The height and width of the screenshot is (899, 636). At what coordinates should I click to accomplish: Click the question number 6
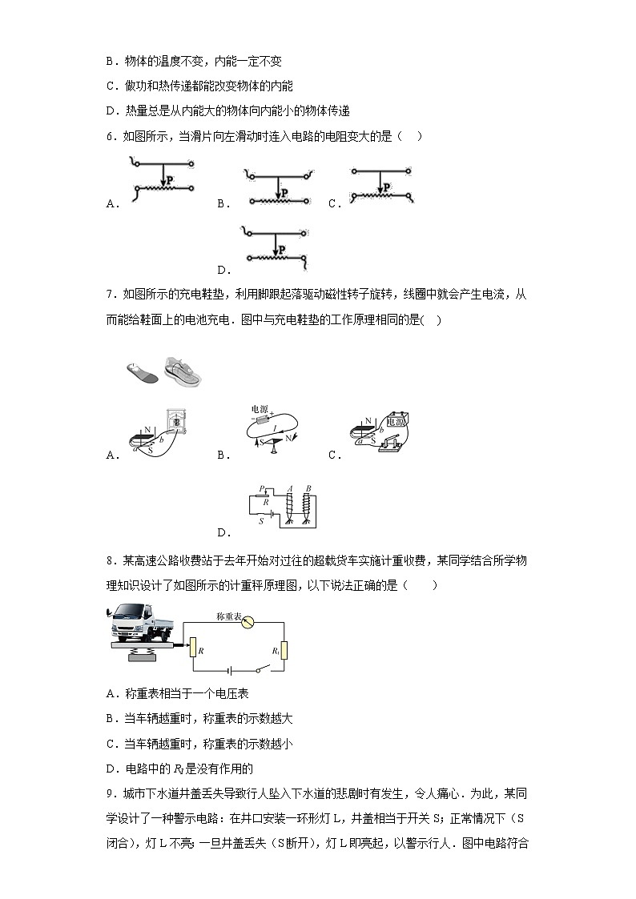click(110, 137)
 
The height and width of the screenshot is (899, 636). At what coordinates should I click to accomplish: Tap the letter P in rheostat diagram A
click(170, 180)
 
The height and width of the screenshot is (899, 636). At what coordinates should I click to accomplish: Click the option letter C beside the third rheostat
click(333, 204)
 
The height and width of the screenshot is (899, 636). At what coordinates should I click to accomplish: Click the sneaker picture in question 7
click(183, 371)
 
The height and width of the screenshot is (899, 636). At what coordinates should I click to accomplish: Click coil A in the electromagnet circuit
click(290, 506)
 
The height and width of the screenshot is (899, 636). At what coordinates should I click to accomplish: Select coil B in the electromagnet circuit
click(308, 506)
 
